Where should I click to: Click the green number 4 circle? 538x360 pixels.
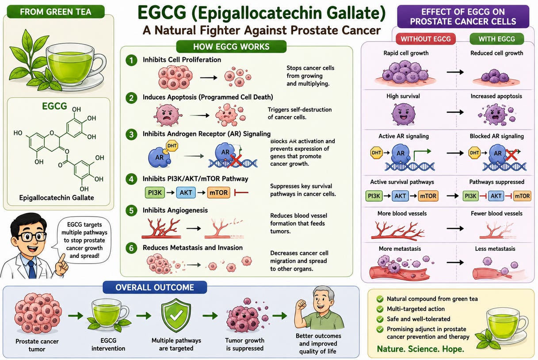coord(131,179)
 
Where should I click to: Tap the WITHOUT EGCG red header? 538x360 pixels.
coord(426,39)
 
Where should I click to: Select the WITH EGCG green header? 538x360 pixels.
coord(497,39)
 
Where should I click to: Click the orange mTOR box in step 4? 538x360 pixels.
coord(218,192)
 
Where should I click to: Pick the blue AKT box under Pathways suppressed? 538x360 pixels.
coord(496,196)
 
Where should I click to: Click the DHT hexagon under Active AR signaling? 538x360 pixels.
coord(376,153)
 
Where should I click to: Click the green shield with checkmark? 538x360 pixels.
coord(176,315)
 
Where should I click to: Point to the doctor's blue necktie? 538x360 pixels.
coord(32,269)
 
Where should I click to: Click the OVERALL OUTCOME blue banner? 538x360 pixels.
coord(155,287)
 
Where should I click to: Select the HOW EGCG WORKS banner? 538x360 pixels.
coord(231,46)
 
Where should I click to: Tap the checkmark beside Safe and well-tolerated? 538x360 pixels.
coord(380,319)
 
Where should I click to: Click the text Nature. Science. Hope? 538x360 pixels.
coord(420,349)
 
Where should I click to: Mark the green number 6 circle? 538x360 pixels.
coord(131,248)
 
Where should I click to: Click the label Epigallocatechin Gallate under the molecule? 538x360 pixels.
coord(57,198)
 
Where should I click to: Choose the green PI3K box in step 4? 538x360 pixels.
coord(155,192)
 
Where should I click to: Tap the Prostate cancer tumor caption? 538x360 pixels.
coord(37,345)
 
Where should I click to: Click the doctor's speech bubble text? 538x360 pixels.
coord(84,240)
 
